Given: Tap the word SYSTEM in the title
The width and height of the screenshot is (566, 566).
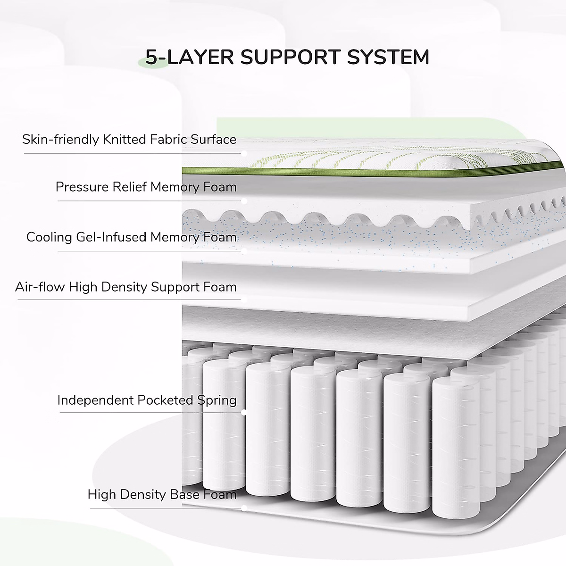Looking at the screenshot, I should (388, 57).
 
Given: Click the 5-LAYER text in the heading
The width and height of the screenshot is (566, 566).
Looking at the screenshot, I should (189, 57).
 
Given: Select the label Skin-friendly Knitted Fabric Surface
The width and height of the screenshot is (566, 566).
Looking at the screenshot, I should (129, 140).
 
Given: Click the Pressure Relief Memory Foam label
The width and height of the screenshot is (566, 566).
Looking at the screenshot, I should (146, 187).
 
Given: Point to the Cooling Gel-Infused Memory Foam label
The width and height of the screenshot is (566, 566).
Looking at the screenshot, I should (131, 237).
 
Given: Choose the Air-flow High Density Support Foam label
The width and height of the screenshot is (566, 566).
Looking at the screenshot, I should (125, 287).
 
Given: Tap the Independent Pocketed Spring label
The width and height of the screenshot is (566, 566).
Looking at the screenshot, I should (147, 400).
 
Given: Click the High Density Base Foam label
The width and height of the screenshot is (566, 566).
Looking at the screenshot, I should (162, 494).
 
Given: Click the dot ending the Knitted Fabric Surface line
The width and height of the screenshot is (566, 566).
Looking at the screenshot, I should (244, 153).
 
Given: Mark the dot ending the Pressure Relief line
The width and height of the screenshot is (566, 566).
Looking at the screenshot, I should (244, 201).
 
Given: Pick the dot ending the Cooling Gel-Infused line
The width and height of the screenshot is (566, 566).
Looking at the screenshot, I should (244, 251).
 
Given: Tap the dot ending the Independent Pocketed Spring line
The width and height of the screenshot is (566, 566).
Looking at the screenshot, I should (244, 412).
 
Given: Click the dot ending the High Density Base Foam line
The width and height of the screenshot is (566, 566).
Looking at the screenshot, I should (244, 508).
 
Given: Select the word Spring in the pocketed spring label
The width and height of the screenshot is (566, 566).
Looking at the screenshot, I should (217, 400).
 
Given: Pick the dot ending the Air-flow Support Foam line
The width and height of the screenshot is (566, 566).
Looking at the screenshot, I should (244, 299).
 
